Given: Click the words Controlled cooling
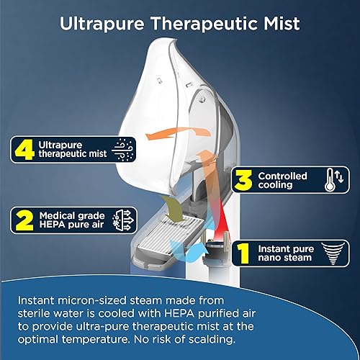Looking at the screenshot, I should [x=282, y=180].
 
